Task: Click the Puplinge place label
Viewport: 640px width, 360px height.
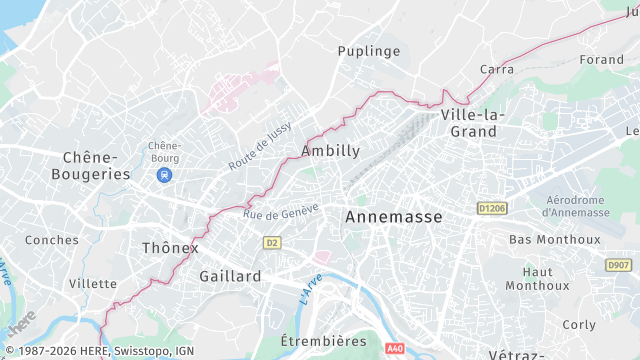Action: tap(369, 51)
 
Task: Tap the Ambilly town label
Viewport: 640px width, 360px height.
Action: tap(330, 151)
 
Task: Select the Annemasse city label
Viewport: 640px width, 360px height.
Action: tap(393, 216)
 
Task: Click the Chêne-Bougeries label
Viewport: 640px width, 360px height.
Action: tap(97, 166)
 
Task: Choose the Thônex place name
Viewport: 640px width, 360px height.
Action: tap(170, 247)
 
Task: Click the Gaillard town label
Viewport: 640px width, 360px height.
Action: tap(230, 276)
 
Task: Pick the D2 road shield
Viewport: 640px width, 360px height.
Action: tap(271, 243)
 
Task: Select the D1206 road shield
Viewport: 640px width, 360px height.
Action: tap(490, 209)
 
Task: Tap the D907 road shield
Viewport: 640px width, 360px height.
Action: tap(618, 265)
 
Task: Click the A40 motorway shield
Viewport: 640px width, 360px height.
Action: tap(395, 349)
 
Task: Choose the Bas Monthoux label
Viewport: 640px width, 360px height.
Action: tap(555, 240)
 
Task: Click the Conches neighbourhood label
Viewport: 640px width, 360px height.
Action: tap(52, 240)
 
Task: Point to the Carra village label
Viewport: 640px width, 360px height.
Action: tap(497, 69)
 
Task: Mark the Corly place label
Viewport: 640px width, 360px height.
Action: tap(579, 325)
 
